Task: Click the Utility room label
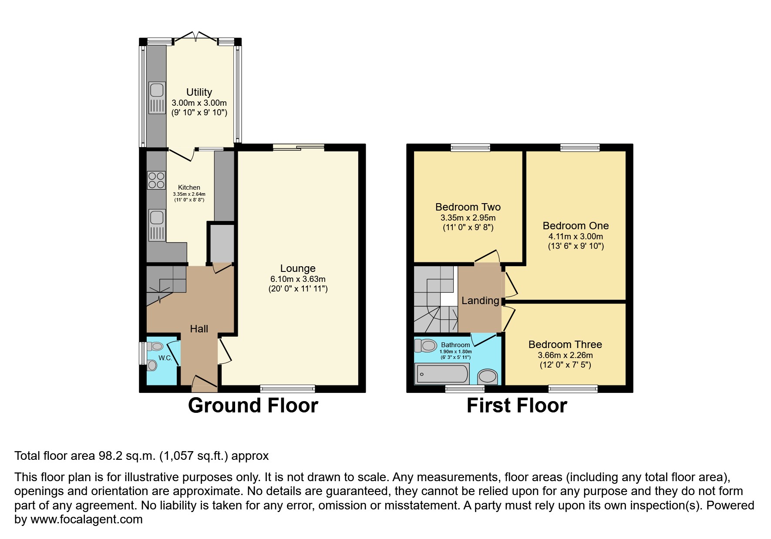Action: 199,92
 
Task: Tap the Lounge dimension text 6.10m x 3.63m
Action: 298,279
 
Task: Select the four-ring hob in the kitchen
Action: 156,180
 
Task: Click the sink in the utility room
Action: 157,97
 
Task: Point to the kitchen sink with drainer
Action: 157,225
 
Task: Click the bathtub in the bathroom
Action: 442,374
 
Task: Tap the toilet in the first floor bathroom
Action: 426,346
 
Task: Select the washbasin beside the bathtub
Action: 488,376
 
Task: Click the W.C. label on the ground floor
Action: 165,358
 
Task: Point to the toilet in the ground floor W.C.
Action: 155,347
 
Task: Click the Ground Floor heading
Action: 253,405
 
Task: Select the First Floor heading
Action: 517,405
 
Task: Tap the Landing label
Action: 480,301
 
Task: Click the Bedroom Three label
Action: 565,345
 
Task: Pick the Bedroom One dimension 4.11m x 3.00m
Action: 576,237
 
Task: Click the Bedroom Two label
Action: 468,207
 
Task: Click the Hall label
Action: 199,329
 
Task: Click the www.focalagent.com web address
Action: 86,519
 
